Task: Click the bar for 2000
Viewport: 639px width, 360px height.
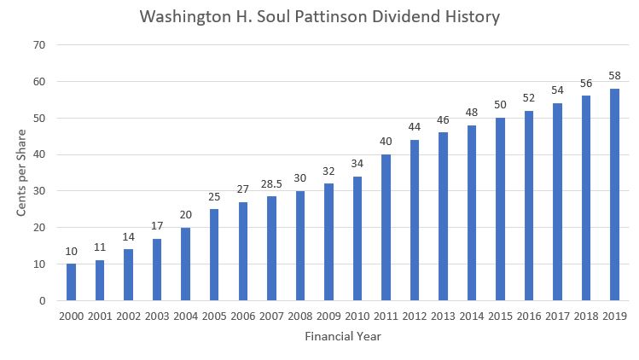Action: [x=71, y=282]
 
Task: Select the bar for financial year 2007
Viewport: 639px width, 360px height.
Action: [x=272, y=248]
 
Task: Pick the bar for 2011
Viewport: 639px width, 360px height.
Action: [x=386, y=228]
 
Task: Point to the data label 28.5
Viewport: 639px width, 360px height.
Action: [x=272, y=185]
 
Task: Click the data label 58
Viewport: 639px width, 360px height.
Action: [x=615, y=77]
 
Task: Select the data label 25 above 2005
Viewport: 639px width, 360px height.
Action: [x=214, y=198]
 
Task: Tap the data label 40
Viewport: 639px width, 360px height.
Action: [x=386, y=142]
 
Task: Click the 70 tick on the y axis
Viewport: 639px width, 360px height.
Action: [x=40, y=45]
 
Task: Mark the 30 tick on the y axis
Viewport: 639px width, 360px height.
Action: [x=40, y=191]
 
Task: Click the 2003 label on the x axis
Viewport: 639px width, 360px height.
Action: [x=157, y=316]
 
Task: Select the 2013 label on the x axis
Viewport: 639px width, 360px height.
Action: [x=444, y=316]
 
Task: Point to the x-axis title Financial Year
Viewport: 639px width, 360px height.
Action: [x=343, y=337]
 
